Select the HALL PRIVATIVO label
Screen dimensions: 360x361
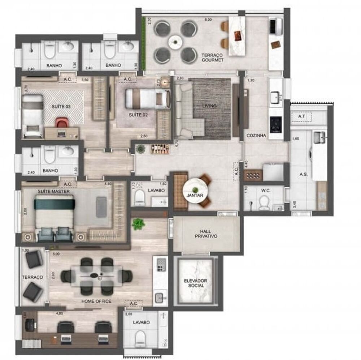click(206, 233)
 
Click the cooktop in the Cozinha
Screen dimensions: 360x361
click(276, 125)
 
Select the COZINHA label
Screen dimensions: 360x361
click(256, 136)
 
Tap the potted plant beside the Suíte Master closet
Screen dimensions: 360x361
click(138, 224)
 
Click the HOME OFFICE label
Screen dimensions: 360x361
click(96, 301)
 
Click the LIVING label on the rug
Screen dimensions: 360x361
click(209, 106)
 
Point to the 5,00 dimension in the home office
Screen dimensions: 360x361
click(56, 254)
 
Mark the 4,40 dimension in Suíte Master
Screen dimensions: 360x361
click(108, 184)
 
